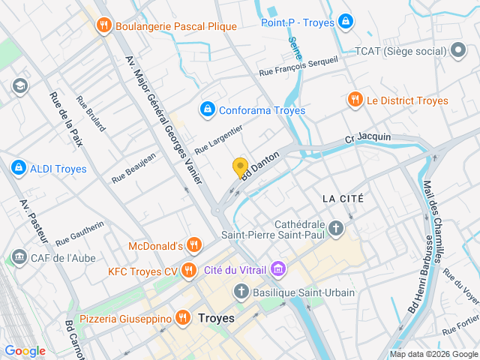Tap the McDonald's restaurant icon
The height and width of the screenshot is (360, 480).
click(194, 245)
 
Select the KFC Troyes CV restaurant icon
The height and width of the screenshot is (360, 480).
click(189, 270)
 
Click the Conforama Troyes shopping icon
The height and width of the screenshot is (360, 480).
click(206, 110)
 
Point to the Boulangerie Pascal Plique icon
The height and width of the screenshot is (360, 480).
click(103, 26)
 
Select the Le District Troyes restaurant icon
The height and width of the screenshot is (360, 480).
click(354, 100)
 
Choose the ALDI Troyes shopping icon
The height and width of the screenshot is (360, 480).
click(19, 168)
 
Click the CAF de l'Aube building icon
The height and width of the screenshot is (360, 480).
click(19, 258)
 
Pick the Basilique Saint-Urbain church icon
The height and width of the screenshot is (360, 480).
click(241, 292)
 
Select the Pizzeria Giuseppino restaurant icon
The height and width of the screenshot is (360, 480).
click(182, 318)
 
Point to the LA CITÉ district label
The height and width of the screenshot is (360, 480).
click(343, 199)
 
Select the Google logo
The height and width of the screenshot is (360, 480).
click(25, 350)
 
